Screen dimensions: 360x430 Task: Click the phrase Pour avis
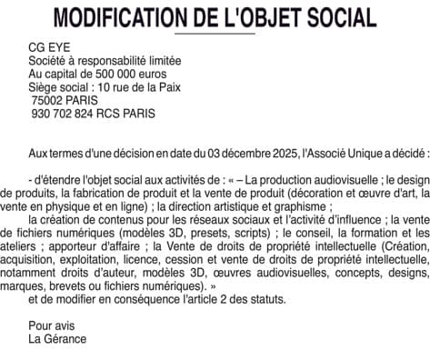51,325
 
